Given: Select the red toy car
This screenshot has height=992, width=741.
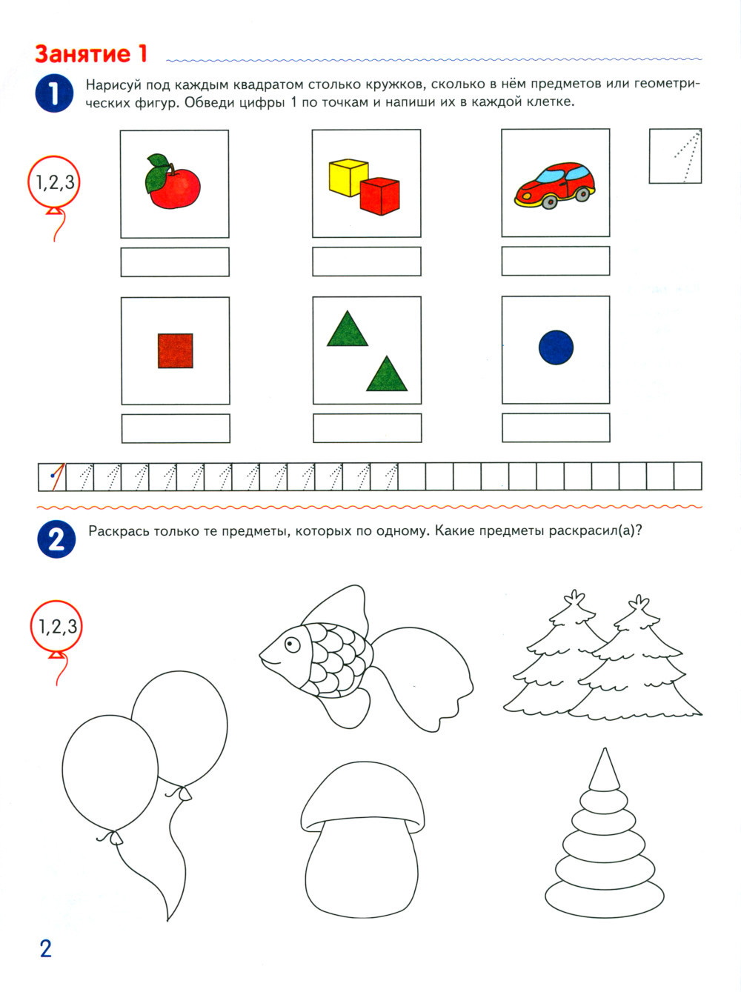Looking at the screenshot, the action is pyautogui.click(x=554, y=184).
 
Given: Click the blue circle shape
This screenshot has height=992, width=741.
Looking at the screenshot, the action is pyautogui.click(x=556, y=347).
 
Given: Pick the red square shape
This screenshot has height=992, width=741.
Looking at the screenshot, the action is pyautogui.click(x=176, y=350).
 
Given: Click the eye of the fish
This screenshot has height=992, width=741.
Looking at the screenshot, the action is pyautogui.click(x=292, y=644).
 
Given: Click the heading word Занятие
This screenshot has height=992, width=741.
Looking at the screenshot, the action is pyautogui.click(x=83, y=54).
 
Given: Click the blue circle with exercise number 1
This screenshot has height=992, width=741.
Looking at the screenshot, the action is pyautogui.click(x=54, y=93).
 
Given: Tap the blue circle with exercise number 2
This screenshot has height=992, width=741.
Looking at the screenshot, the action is pyautogui.click(x=56, y=539).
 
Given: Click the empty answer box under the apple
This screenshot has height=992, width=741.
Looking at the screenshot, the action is pyautogui.click(x=175, y=262).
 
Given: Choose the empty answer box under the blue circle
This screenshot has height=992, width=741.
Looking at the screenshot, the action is pyautogui.click(x=556, y=427).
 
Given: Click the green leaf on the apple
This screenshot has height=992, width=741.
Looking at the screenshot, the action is pyautogui.click(x=156, y=173).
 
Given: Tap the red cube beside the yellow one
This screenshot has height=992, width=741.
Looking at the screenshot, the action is pyautogui.click(x=380, y=196).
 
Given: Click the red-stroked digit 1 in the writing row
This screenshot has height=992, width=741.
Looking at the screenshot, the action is pyautogui.click(x=56, y=476).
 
